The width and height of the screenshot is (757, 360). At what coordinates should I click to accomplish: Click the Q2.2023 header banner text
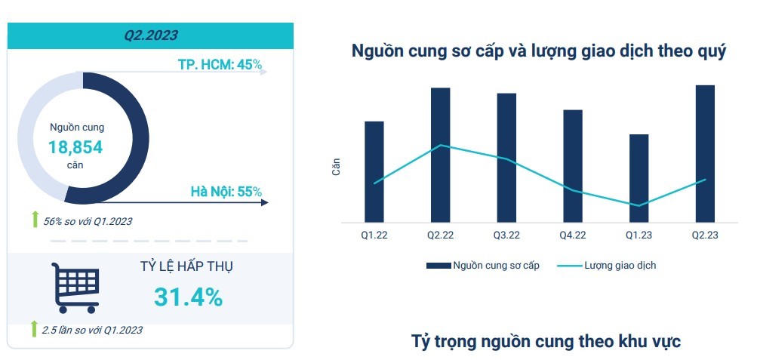(x=150, y=35)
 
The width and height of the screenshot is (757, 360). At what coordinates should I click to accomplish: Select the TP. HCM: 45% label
(x=220, y=65)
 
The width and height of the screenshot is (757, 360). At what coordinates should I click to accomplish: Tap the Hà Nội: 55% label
(x=226, y=192)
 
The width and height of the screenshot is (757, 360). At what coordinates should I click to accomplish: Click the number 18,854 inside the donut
(x=75, y=147)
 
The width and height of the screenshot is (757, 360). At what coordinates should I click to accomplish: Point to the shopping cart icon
(x=75, y=288)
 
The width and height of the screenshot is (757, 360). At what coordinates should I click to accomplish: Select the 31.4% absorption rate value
(x=188, y=297)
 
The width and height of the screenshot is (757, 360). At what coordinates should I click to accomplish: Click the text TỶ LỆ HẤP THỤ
(x=186, y=268)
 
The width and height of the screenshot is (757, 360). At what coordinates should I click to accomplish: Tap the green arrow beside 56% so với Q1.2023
(x=34, y=220)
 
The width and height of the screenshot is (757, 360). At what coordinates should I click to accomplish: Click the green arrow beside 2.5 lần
(x=34, y=329)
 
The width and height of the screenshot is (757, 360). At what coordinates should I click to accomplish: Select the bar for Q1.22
(x=374, y=171)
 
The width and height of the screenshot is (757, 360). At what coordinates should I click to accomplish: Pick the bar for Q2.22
(x=440, y=155)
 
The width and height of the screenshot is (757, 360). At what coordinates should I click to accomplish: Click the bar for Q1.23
(x=639, y=178)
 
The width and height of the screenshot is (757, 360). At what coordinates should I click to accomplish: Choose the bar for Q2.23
(x=704, y=153)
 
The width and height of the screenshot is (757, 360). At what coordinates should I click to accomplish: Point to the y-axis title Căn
(x=337, y=167)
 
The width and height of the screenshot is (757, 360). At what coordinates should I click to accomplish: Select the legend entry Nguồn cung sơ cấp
(x=483, y=266)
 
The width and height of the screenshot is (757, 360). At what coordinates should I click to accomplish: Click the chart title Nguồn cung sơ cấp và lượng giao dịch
(x=539, y=52)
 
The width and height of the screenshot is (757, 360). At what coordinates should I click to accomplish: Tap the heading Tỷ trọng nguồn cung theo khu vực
(x=546, y=341)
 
